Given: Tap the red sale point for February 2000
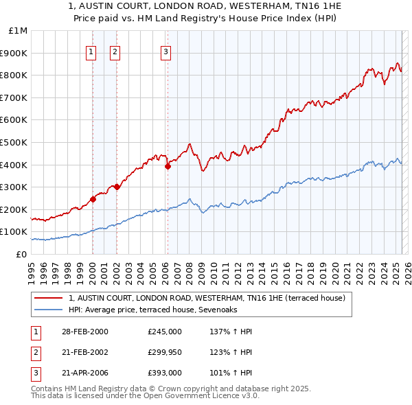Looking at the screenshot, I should [x=93, y=200].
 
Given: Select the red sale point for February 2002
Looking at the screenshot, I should [x=117, y=186].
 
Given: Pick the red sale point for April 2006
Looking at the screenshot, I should [x=168, y=165].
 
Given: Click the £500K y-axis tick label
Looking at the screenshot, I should [x=15, y=143].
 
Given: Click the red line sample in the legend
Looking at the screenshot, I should [x=48, y=298].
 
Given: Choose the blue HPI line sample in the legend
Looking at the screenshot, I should [x=48, y=310].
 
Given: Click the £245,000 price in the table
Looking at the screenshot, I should [x=165, y=332].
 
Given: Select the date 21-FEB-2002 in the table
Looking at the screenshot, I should [x=85, y=353].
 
